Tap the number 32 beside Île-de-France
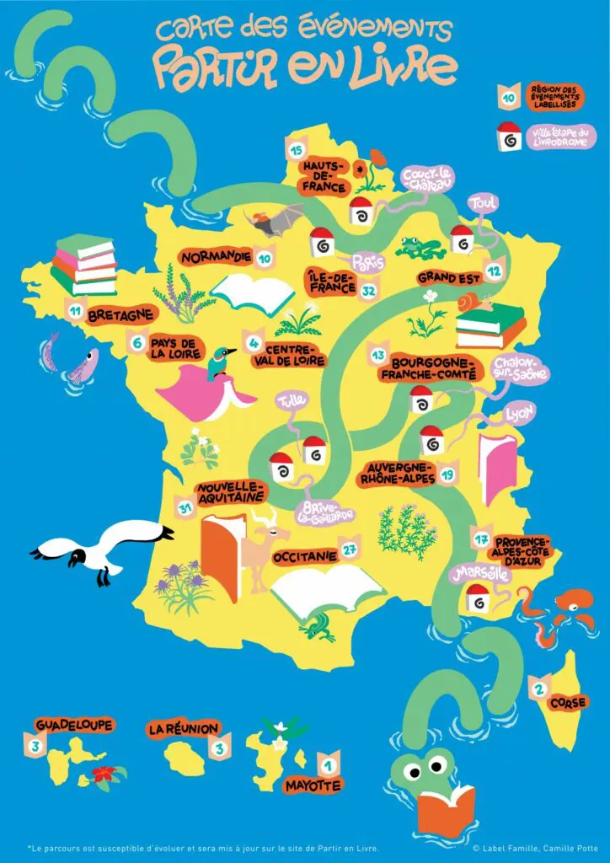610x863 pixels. coord(367,291)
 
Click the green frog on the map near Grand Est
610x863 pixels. coord(421,247)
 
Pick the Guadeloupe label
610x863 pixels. coord(74,725)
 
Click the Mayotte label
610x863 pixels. coord(313,785)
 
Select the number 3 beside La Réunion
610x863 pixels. coord(220,747)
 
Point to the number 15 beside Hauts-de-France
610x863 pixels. coord(296,151)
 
